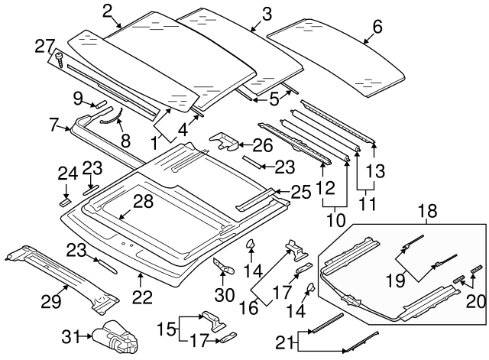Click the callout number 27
click(x=45, y=46)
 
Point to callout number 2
click(x=108, y=11)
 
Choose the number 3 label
click(x=266, y=13)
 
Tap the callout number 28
click(x=144, y=202)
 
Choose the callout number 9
click(x=78, y=98)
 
